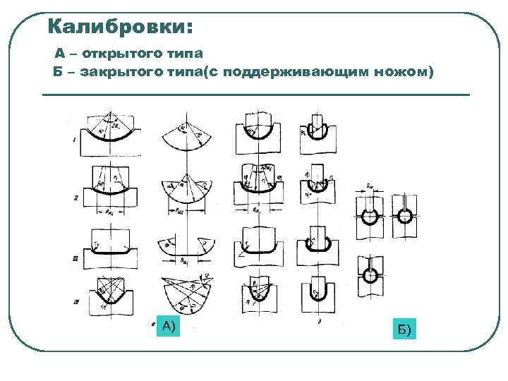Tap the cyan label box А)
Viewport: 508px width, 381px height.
pos(168,326)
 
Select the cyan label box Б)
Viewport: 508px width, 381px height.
pos(404,329)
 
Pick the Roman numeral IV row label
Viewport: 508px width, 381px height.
pos(75,303)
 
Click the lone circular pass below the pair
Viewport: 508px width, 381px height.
pos(370,274)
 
